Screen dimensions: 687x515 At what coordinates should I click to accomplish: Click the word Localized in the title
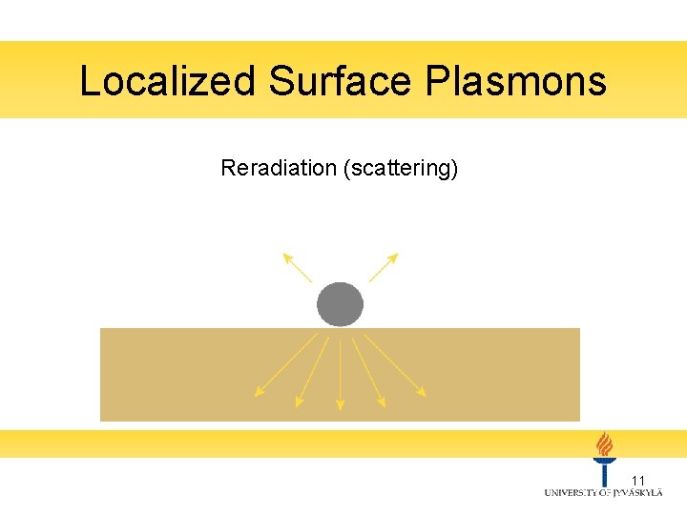click(x=168, y=81)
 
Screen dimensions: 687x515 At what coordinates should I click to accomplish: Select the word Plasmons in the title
click(x=515, y=81)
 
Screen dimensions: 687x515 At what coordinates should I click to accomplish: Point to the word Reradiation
click(x=279, y=169)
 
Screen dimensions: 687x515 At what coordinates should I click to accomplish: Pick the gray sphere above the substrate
click(x=340, y=304)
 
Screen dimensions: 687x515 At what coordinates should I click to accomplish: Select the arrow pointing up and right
click(x=384, y=267)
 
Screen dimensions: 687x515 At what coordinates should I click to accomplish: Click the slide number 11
click(x=639, y=480)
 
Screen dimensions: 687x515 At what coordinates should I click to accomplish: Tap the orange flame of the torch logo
click(x=604, y=444)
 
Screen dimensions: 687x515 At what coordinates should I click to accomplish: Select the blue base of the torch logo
click(x=604, y=472)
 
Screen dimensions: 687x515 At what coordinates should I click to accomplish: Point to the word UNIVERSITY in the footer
click(x=573, y=492)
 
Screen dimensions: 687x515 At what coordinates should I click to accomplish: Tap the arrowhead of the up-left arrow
click(x=284, y=256)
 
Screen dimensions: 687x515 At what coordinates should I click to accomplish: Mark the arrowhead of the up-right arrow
click(x=395, y=256)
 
